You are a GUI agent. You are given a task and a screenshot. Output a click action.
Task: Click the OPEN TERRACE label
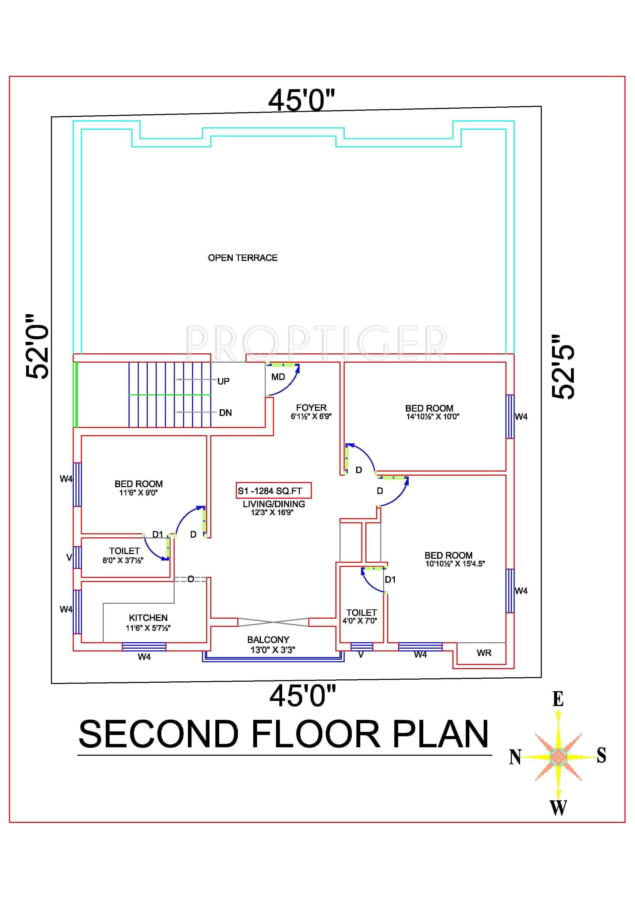pyautogui.click(x=242, y=258)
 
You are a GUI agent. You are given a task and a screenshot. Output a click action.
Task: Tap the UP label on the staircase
pyautogui.click(x=224, y=381)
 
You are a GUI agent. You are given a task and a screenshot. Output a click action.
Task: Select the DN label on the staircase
pyautogui.click(x=225, y=413)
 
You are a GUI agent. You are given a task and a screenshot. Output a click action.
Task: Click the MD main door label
pyautogui.click(x=278, y=377)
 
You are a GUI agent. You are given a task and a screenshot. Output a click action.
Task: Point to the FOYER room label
pyautogui.click(x=311, y=408)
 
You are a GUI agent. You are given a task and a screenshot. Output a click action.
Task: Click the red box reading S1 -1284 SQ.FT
pyautogui.click(x=273, y=491)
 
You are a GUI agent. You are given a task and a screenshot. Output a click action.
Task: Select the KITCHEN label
pyautogui.click(x=148, y=618)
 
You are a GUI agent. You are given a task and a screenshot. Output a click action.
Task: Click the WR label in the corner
pyautogui.click(x=484, y=653)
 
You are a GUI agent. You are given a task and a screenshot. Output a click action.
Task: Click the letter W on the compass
pyautogui.click(x=558, y=807)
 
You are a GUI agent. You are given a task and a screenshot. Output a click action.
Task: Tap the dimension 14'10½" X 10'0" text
pyautogui.click(x=432, y=417)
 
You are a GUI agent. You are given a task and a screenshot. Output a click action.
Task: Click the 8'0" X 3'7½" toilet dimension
pyautogui.click(x=123, y=560)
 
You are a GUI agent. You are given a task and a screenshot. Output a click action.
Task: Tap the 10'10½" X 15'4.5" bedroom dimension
pyautogui.click(x=455, y=564)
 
